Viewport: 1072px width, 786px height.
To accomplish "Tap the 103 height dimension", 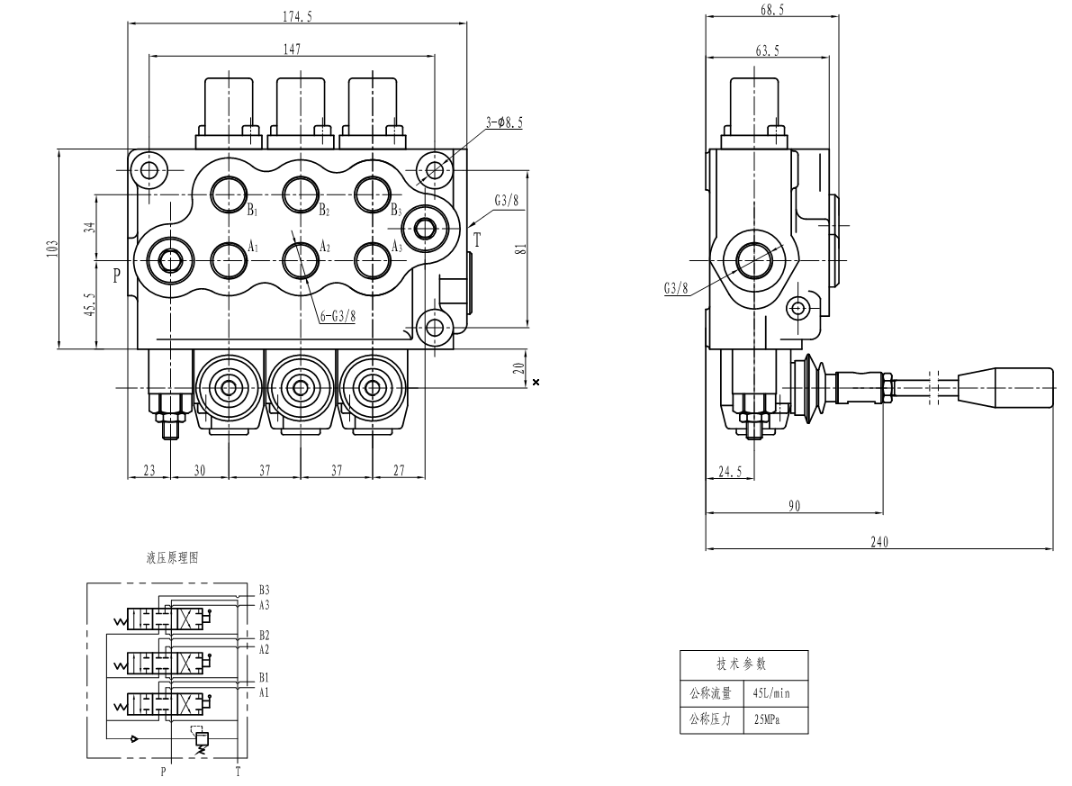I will pyautogui.click(x=53, y=248).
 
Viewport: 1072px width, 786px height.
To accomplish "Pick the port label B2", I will pyautogui.click(x=324, y=211).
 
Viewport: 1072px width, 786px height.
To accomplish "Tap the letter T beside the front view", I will pyautogui.click(x=477, y=239).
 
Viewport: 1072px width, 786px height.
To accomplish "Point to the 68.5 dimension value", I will pyautogui.click(x=768, y=9).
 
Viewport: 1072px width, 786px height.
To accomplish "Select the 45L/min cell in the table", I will pyautogui.click(x=772, y=693).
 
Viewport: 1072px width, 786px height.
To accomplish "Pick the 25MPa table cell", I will pyautogui.click(x=768, y=719).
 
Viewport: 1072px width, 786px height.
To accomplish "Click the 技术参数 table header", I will pyautogui.click(x=743, y=664).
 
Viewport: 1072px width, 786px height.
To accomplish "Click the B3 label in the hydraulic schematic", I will pyautogui.click(x=264, y=591).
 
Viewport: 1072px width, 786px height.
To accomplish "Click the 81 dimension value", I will pyautogui.click(x=518, y=249).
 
